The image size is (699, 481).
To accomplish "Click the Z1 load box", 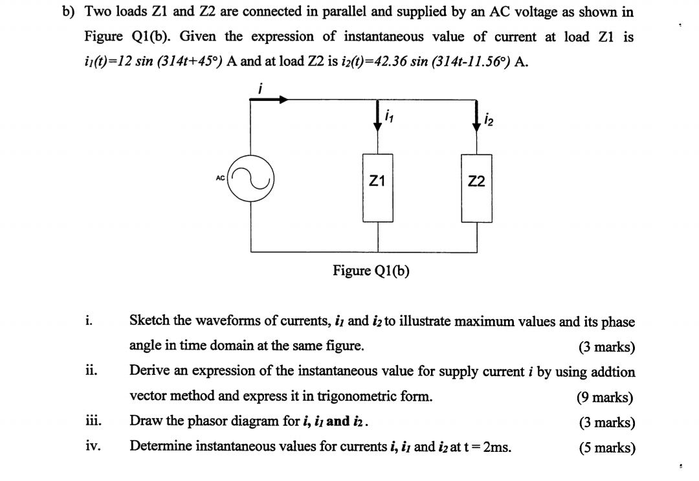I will click(378, 183).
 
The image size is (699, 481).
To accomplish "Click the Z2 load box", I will click(476, 183).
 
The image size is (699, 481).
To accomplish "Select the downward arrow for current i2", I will click(476, 120).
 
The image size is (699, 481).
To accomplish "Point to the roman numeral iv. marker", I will click(91, 446).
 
